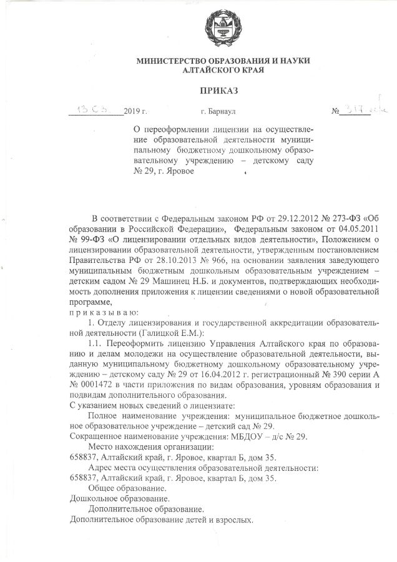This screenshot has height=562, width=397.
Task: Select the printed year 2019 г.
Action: click(x=135, y=111)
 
